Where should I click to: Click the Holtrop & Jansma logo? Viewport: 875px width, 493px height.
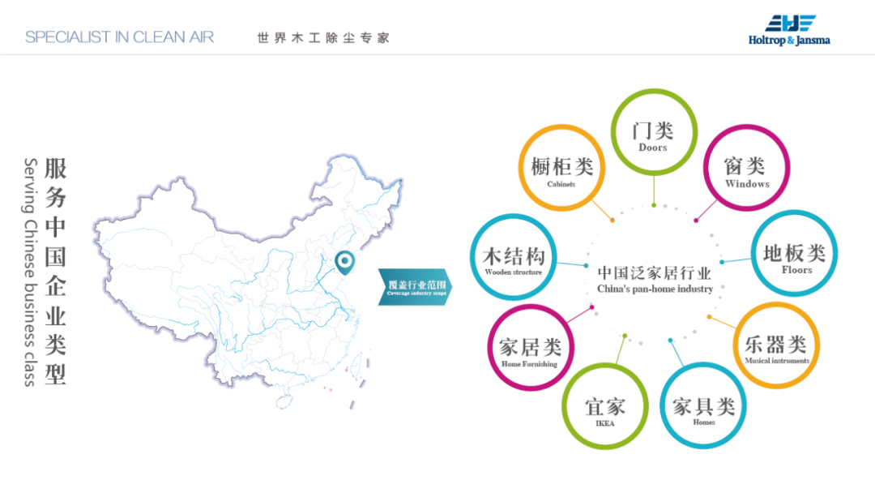(x=789, y=30)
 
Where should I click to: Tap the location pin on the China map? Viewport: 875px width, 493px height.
(x=345, y=261)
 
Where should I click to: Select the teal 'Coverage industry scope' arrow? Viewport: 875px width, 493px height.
(x=414, y=286)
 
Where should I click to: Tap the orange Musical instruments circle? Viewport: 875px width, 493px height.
(x=776, y=346)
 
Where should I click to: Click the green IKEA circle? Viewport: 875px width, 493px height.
(x=604, y=408)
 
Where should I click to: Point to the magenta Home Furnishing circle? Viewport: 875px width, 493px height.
(x=530, y=349)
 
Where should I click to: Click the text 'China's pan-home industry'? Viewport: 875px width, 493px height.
(x=655, y=289)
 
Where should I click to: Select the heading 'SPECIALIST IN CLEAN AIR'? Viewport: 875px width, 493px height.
(x=120, y=37)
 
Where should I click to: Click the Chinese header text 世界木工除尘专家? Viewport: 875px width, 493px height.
(x=323, y=38)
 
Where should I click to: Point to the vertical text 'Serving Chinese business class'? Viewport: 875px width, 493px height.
(x=30, y=272)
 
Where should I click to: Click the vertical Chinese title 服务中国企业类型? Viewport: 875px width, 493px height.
(x=55, y=272)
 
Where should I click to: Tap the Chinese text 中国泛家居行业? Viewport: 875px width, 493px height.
(x=655, y=272)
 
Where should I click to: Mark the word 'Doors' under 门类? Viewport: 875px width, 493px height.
(x=653, y=148)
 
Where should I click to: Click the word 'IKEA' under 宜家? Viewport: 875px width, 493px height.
(x=605, y=422)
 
